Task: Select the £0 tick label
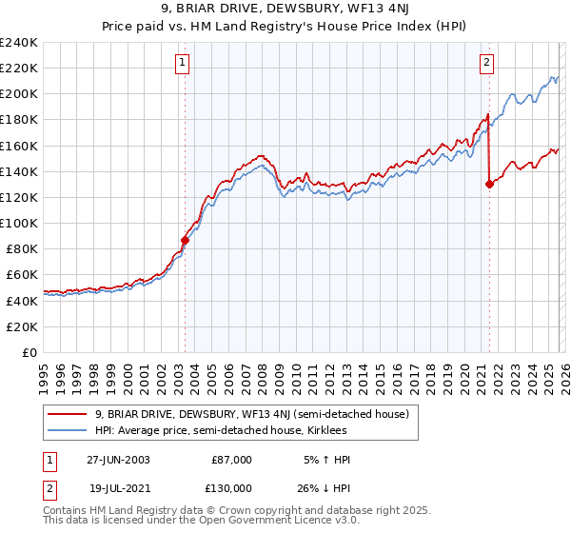coord(29,352)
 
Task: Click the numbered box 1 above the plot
coord(182,64)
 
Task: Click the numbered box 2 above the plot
coord(486,64)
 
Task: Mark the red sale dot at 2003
coord(185,240)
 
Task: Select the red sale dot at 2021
coord(489,185)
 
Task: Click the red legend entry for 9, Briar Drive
coord(251,414)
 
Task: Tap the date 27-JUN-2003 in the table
coord(118,459)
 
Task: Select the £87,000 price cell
coord(231,459)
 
